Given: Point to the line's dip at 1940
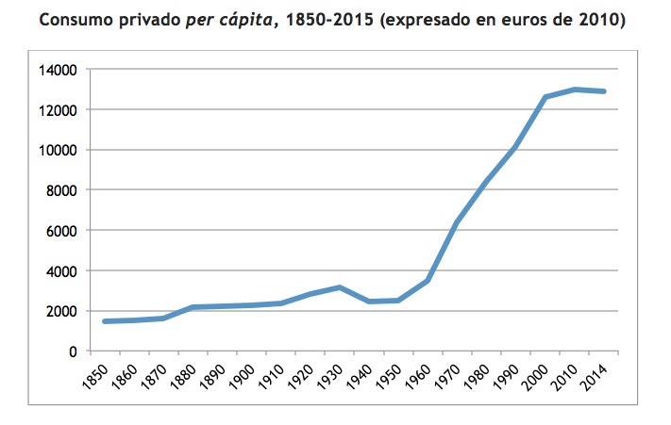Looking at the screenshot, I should tap(369, 302).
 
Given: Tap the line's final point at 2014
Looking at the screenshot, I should tap(603, 91).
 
